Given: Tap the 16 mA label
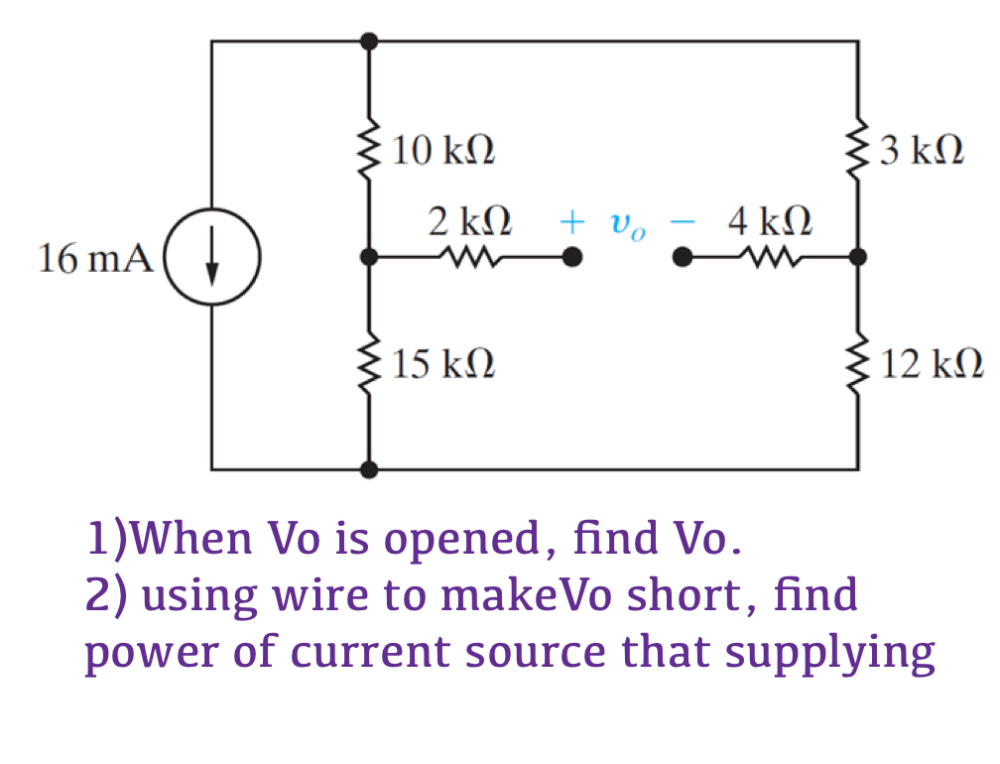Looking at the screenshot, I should click(x=95, y=259).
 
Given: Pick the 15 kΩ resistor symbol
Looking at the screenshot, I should click(x=370, y=363).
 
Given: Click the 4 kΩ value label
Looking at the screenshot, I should click(x=770, y=220).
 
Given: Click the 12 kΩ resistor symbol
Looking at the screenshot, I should click(x=857, y=363).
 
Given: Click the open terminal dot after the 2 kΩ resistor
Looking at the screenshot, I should click(x=571, y=258).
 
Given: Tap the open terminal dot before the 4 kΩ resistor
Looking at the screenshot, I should click(x=681, y=258).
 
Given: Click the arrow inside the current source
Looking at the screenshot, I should click(x=211, y=259).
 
